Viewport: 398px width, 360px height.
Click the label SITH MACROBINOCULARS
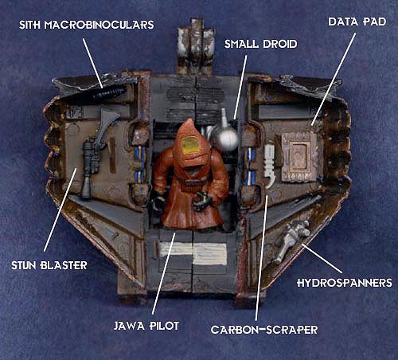87,25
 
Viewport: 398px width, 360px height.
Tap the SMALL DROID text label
260,44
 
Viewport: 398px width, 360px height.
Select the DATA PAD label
357,22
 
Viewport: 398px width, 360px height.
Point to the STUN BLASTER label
49,265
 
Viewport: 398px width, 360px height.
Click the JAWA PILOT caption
146,326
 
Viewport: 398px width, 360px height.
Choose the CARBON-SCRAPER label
264,330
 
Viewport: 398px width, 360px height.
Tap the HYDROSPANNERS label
345,283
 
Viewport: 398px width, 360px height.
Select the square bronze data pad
299,157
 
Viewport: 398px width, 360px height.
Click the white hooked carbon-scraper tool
270,166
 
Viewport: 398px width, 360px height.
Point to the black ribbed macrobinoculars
110,93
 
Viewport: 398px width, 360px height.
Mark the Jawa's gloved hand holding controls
201,202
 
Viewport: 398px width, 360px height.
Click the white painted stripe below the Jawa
193,253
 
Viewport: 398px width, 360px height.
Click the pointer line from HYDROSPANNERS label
322,259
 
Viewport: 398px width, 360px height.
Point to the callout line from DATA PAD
334,79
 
